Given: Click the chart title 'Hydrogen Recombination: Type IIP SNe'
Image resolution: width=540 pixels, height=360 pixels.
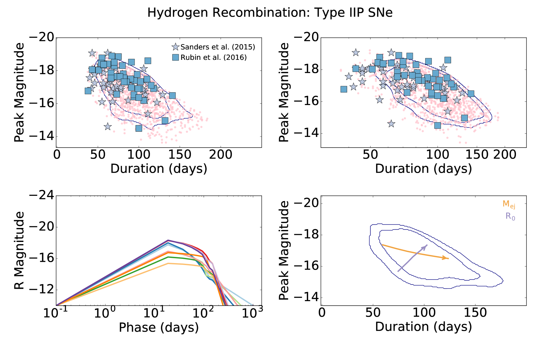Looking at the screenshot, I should point(270,13).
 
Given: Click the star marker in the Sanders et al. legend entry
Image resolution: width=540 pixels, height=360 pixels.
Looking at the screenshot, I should point(176,47).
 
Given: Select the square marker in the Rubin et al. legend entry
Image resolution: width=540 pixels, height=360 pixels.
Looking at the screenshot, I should point(176,58).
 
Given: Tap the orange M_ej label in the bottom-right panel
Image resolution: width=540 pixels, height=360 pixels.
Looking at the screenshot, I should point(509,204).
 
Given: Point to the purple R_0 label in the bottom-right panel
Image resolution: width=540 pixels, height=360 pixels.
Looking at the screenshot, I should point(510,216).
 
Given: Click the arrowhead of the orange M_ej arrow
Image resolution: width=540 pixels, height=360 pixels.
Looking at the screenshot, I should point(445,258).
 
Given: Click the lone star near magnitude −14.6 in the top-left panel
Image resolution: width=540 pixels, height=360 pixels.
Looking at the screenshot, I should point(108,127).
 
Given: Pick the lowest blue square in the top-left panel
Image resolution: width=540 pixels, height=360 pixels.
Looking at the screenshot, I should point(139,128).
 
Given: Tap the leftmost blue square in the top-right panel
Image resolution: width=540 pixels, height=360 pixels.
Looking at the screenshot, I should point(344,89).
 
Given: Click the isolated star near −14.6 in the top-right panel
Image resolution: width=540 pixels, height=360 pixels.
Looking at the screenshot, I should point(391,124).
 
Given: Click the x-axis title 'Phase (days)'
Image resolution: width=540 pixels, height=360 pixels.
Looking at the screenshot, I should point(159,327).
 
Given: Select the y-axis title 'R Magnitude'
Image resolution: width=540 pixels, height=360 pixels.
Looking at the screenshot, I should point(20,250).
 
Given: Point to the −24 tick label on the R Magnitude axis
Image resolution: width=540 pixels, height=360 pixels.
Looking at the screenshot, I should point(42,195).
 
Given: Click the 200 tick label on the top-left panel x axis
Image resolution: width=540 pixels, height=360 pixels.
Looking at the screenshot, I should point(220,155).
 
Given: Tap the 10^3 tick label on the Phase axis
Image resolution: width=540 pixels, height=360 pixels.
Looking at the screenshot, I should point(252,313).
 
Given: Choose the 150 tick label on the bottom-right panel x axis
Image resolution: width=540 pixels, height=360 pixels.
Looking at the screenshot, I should point(475,313).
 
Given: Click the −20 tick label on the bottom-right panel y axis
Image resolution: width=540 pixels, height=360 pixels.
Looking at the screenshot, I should point(306,203).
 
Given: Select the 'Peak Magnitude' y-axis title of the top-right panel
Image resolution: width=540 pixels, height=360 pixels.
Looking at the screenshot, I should point(284,92).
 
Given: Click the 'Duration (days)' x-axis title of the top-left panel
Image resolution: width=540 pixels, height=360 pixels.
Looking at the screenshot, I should point(159,169).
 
